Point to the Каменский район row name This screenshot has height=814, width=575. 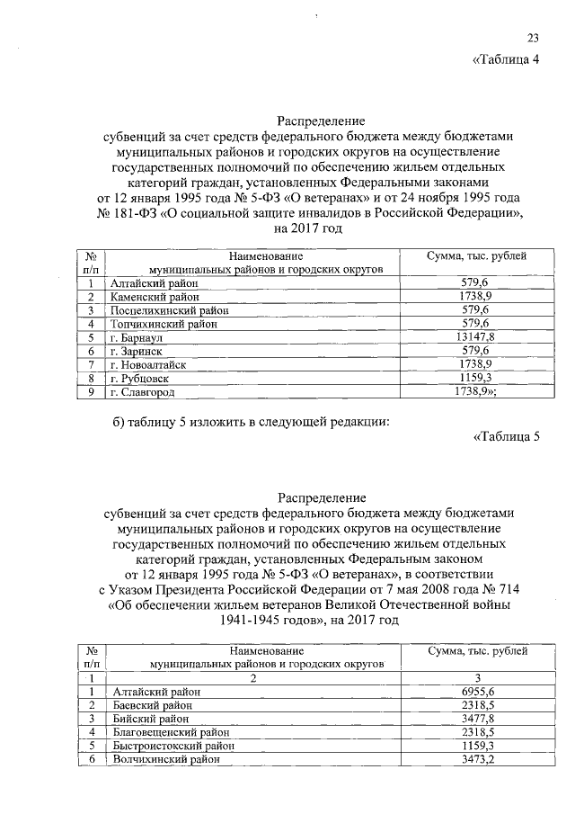[x=148, y=296]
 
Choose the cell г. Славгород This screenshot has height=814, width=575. [x=142, y=393]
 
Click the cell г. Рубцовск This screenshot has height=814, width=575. [x=137, y=380]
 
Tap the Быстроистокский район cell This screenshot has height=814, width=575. [x=171, y=747]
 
